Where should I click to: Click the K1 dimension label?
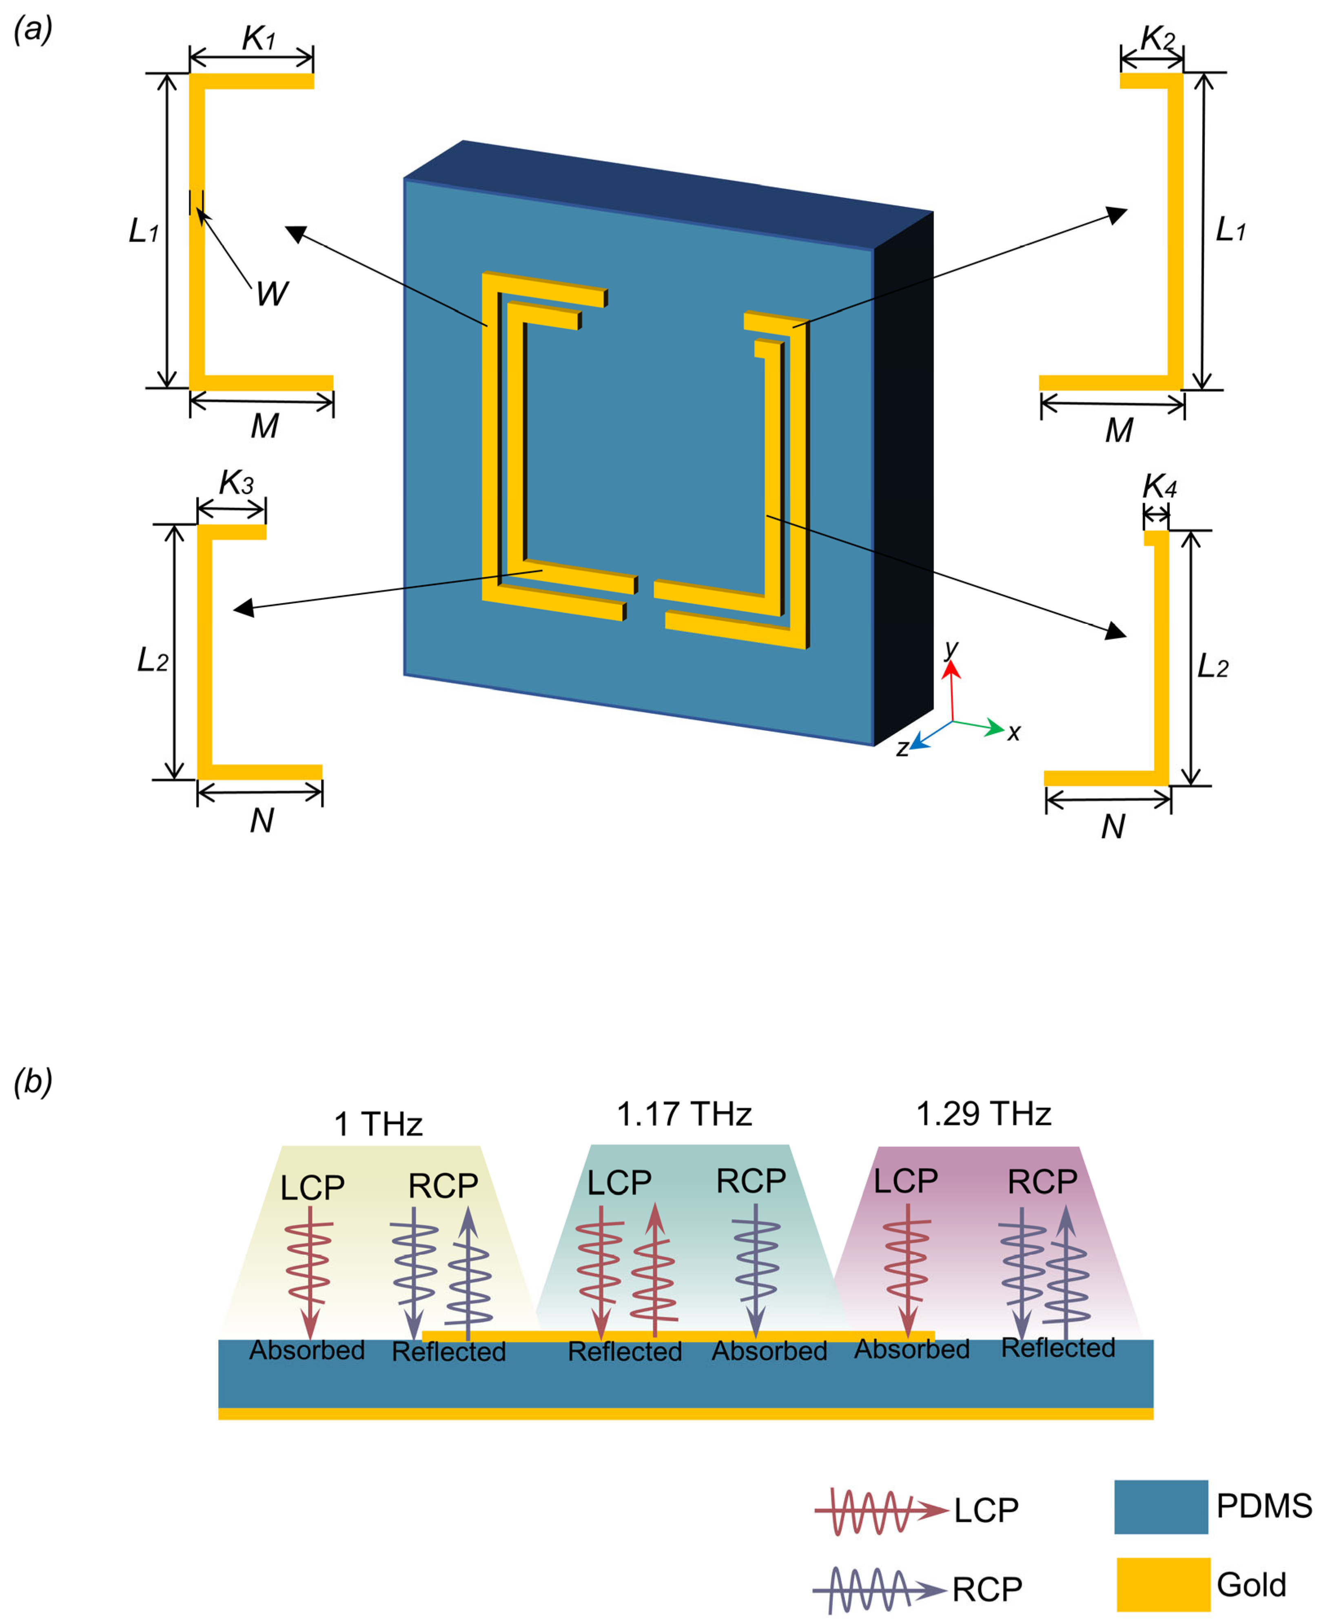coord(258,38)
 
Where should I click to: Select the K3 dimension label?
coord(236,482)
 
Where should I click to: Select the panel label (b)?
coord(33,1080)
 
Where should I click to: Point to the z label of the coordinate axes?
coord(902,749)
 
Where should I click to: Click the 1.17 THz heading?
coord(684,1114)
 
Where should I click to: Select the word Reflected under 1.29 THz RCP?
coord(1058,1348)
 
